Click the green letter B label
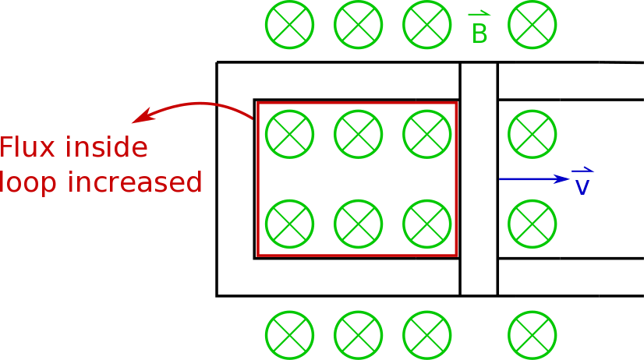click(479, 34)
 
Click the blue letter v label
click(582, 188)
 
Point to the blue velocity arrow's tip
click(568, 179)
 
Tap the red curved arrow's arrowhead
click(138, 120)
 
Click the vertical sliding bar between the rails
click(479, 179)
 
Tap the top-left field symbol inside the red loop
click(290, 134)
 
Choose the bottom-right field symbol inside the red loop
click(427, 224)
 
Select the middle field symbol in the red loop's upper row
click(359, 134)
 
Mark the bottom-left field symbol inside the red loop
click(290, 224)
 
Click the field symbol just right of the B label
click(533, 25)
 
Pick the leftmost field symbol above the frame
click(290, 25)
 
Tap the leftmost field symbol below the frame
click(290, 335)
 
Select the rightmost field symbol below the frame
click(533, 335)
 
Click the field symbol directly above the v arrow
click(533, 134)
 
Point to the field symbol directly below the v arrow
click(533, 224)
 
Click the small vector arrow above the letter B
click(479, 13)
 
